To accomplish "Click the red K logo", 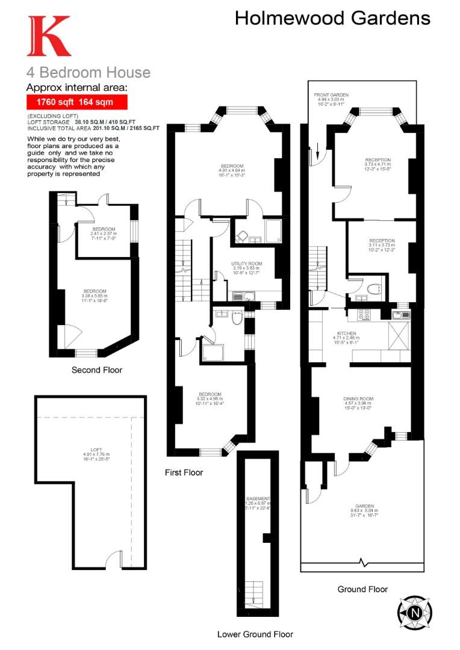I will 48,36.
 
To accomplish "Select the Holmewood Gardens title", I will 332,18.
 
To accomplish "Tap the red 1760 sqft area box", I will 77,102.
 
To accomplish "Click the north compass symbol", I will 415,613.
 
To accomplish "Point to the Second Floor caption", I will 96,370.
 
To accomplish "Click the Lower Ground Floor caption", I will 255,634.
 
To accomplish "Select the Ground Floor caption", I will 362,589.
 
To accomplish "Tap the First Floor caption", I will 184,472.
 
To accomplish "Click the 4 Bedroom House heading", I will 88,73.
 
